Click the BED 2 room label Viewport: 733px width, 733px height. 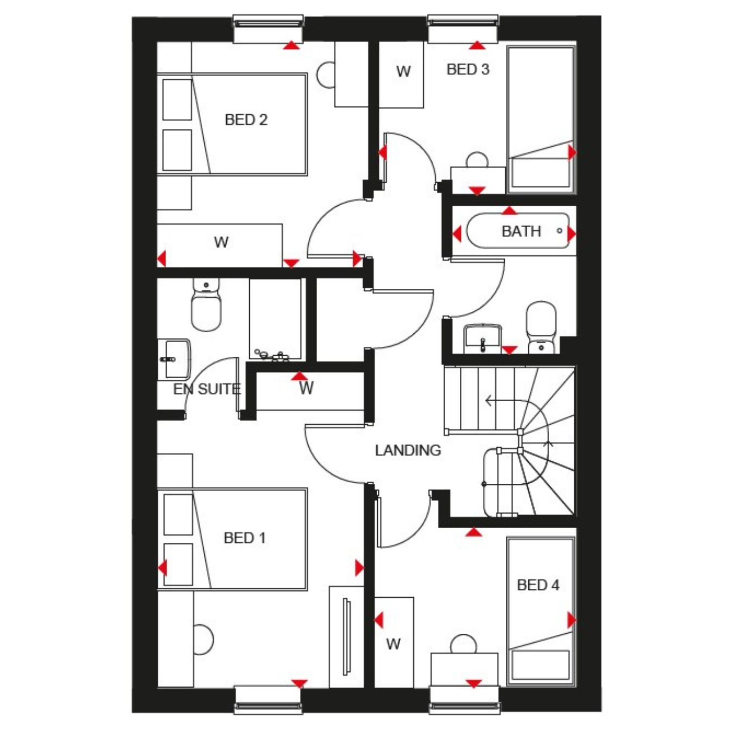coord(246,120)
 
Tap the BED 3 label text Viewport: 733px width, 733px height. coord(468,69)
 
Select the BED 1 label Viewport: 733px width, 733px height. coord(244,538)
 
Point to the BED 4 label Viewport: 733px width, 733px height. coord(538,585)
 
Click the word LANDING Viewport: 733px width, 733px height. coord(408,450)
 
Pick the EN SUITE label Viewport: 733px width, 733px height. coord(207,389)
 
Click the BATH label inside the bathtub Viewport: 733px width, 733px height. coord(521,231)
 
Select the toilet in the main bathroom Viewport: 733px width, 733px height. coord(541,326)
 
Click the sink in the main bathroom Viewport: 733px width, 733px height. coord(482,338)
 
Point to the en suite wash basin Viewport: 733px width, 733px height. coord(174,359)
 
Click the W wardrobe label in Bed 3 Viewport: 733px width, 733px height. coord(403,72)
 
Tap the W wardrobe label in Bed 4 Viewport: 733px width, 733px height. coord(393,644)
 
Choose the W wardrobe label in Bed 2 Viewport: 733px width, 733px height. coord(221,242)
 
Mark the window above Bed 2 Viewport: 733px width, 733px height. coord(268,29)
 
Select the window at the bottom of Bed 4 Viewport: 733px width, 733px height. coord(464,700)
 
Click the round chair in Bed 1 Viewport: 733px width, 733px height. coord(203,639)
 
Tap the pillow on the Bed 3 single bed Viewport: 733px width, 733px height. coord(540,172)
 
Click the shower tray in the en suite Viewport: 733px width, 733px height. coord(275,320)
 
